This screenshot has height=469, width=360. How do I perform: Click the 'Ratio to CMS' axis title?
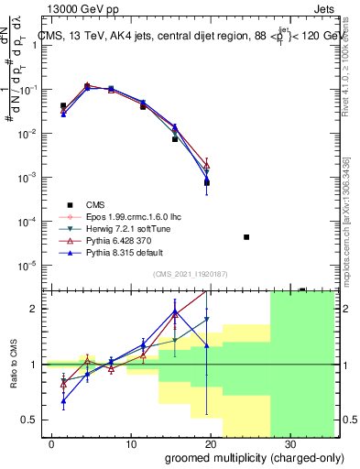14,365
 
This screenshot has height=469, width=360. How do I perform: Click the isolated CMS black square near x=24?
246,237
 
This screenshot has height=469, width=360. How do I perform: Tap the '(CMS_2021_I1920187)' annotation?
189,273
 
